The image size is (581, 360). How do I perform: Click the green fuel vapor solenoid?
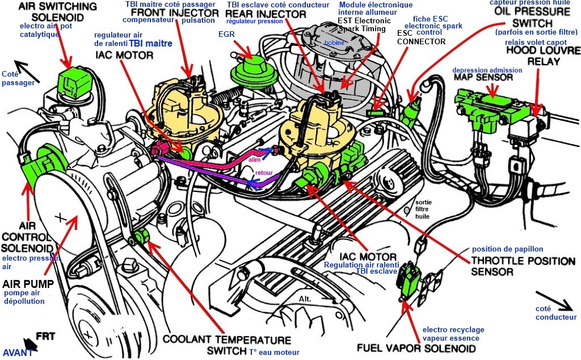[407, 278]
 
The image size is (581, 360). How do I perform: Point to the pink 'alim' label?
[254, 160]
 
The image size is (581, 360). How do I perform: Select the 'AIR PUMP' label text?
[28, 282]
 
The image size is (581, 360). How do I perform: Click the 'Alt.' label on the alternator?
[307, 298]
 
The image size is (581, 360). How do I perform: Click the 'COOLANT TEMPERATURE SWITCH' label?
[226, 345]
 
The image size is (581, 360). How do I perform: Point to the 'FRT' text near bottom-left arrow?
[45, 336]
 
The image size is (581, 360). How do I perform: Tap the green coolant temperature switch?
[140, 237]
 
